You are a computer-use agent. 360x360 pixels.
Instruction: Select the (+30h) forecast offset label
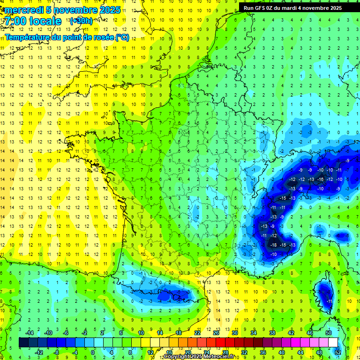(81, 21)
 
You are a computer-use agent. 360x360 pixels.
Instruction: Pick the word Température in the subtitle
(29, 37)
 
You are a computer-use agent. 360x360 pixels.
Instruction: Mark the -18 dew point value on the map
(273, 245)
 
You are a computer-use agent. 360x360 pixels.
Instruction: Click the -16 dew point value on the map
(321, 179)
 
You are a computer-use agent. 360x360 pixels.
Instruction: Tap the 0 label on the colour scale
(92, 352)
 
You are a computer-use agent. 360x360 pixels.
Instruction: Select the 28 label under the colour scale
(225, 352)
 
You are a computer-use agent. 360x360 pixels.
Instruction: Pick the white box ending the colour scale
(333, 343)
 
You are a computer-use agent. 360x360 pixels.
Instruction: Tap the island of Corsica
(324, 295)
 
